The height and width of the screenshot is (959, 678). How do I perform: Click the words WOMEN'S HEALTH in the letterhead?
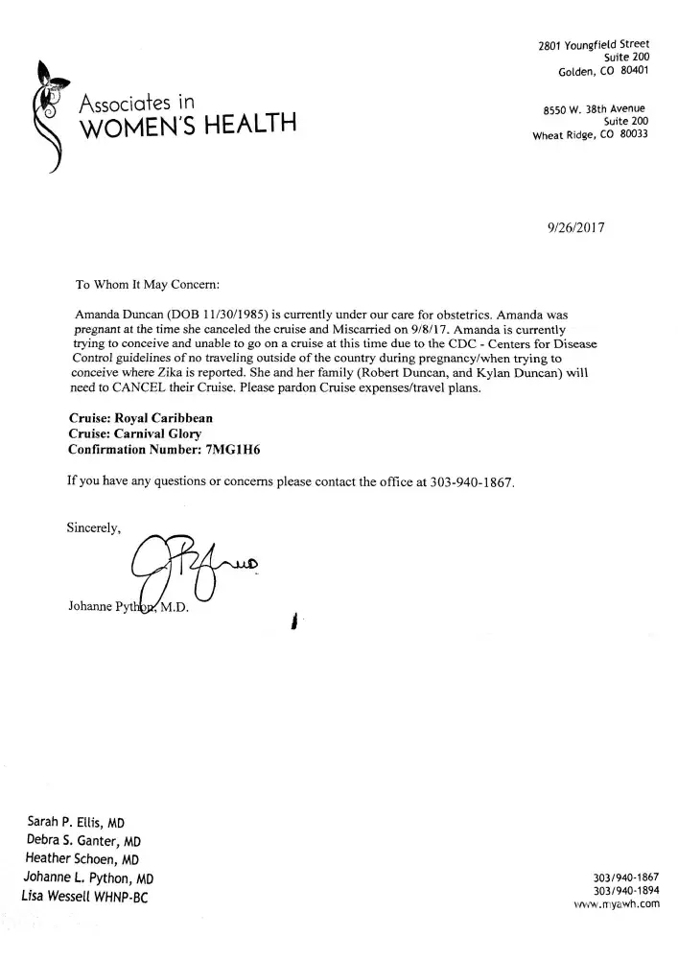(187, 125)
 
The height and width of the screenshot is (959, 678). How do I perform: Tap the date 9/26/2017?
(575, 227)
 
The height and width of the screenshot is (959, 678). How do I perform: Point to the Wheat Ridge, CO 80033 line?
(590, 134)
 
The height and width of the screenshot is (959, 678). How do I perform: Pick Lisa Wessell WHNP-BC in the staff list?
(84, 896)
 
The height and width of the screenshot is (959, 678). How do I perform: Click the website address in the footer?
(617, 902)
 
